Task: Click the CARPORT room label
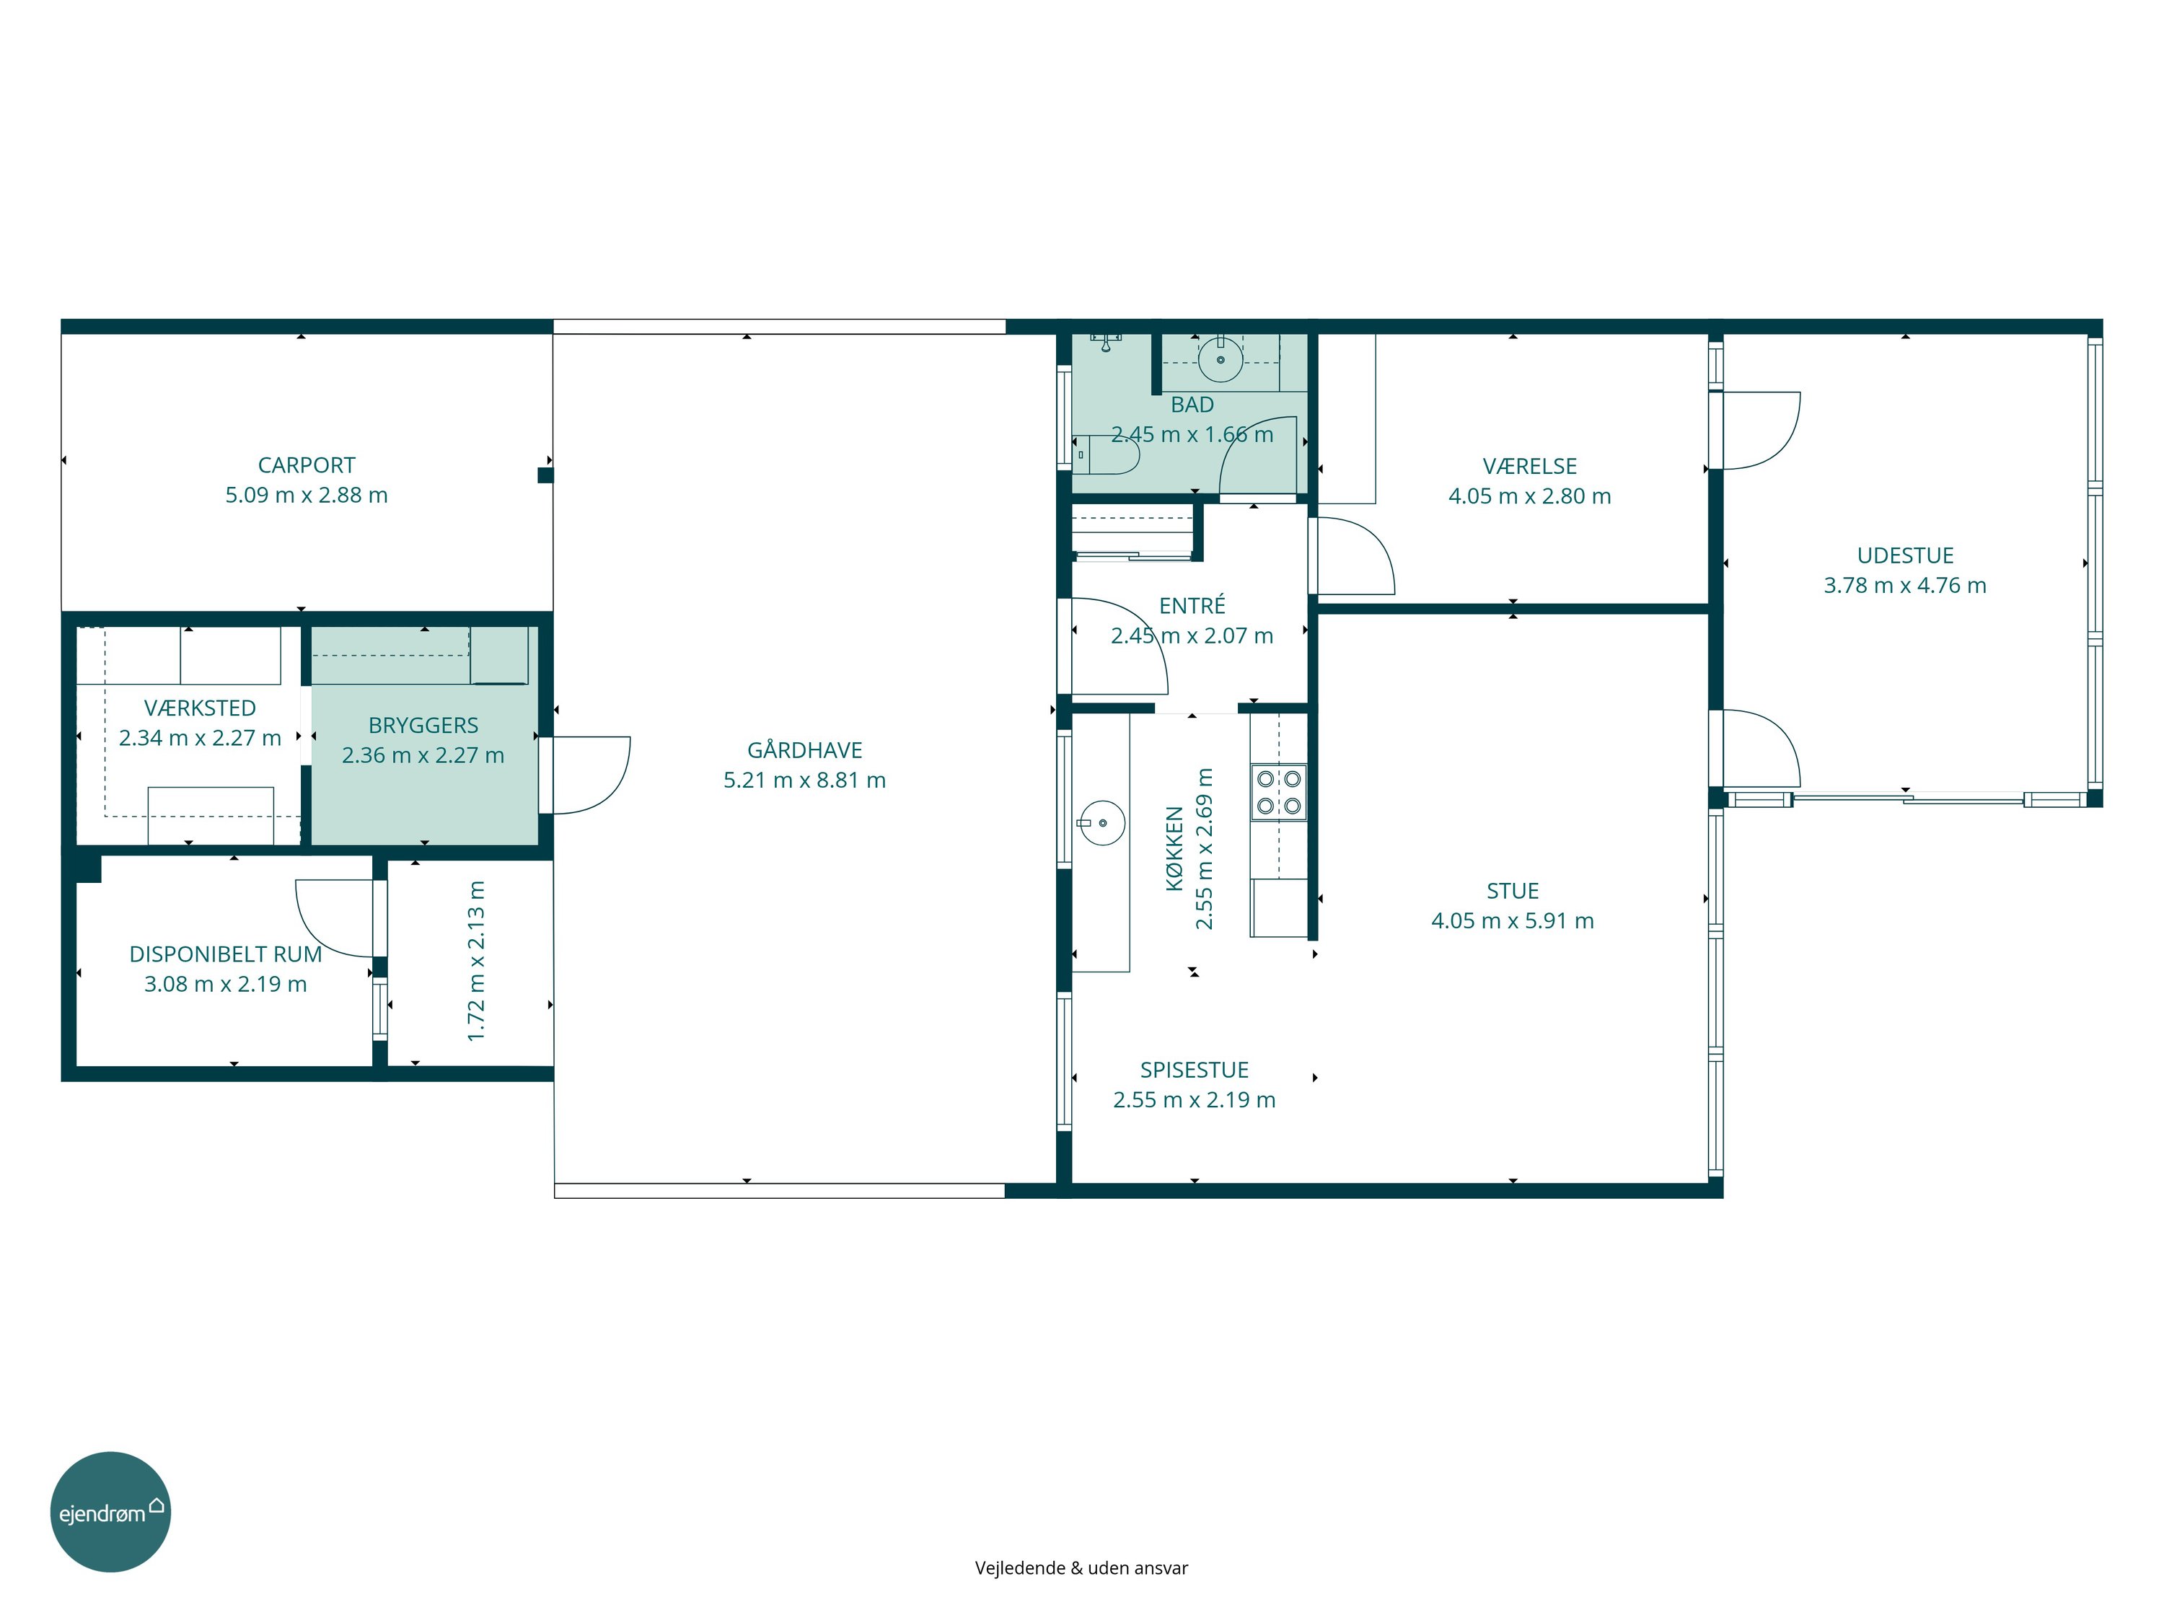click(307, 466)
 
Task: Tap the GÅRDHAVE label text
click(804, 749)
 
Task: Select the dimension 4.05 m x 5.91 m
click(1513, 920)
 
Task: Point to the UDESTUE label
click(1905, 555)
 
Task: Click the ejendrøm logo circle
click(110, 1511)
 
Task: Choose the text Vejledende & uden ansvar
click(1081, 1568)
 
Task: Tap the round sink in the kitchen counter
click(1102, 823)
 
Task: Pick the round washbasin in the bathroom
click(1220, 359)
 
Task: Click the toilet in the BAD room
click(1107, 455)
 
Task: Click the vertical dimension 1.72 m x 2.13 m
click(476, 961)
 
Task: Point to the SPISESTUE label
click(1195, 1070)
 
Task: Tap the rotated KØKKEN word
click(1175, 848)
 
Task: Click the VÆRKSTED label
click(200, 708)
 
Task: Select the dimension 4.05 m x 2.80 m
click(1529, 496)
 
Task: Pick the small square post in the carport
click(545, 475)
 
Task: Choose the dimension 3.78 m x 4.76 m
click(1905, 585)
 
